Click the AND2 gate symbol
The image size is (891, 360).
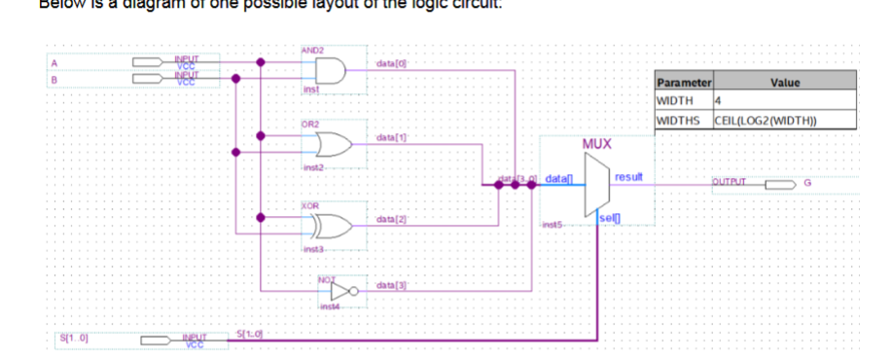point(330,71)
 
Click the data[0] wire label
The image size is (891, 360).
point(388,63)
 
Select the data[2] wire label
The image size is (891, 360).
point(388,222)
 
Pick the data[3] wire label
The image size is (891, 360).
point(388,284)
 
